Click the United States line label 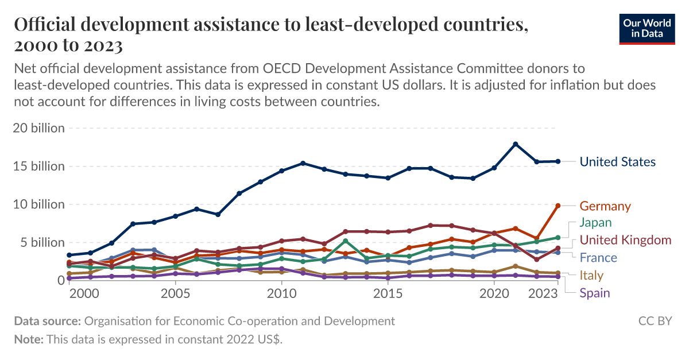[x=617, y=162]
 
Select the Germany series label [x=605, y=206]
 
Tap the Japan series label [x=595, y=223]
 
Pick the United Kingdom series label [x=625, y=240]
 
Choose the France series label [x=598, y=258]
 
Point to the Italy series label [x=591, y=276]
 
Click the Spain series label [x=594, y=293]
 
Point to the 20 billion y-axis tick [x=38, y=128]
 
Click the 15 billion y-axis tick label [x=38, y=167]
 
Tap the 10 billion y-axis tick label [x=38, y=204]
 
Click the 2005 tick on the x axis [x=176, y=293]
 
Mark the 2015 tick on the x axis [x=388, y=293]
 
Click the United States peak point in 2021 [x=516, y=144]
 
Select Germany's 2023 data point [x=558, y=206]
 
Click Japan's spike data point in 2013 [x=346, y=241]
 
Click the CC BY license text [x=655, y=321]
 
